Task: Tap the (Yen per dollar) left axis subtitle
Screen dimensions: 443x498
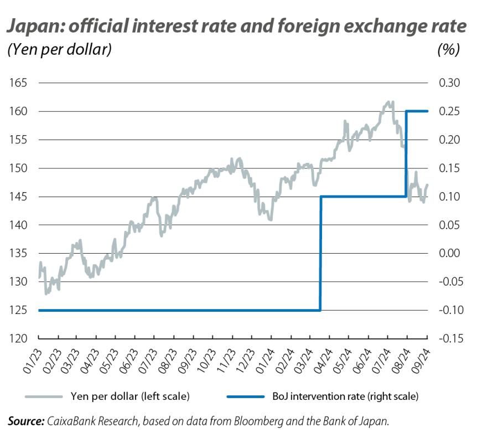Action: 60,50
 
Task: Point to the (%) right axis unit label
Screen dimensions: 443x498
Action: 448,50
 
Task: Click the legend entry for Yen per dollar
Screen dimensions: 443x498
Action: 129,396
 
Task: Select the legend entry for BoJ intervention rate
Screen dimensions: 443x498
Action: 345,396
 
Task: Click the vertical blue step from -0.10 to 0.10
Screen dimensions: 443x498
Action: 320,254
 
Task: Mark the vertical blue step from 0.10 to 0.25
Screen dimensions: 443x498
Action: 407,154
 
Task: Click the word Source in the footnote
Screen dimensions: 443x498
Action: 25,421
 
